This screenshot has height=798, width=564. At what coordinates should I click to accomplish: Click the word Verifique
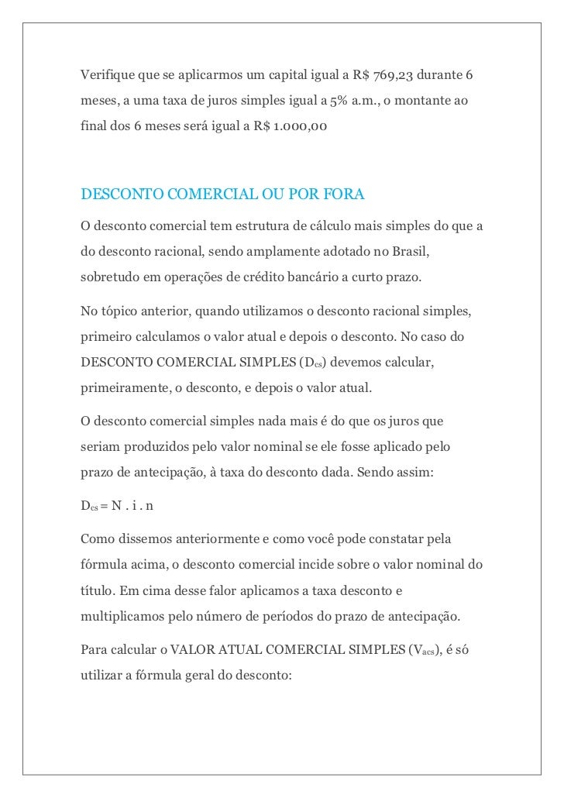pos(107,75)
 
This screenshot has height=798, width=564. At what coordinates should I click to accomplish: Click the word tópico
pos(117,312)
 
